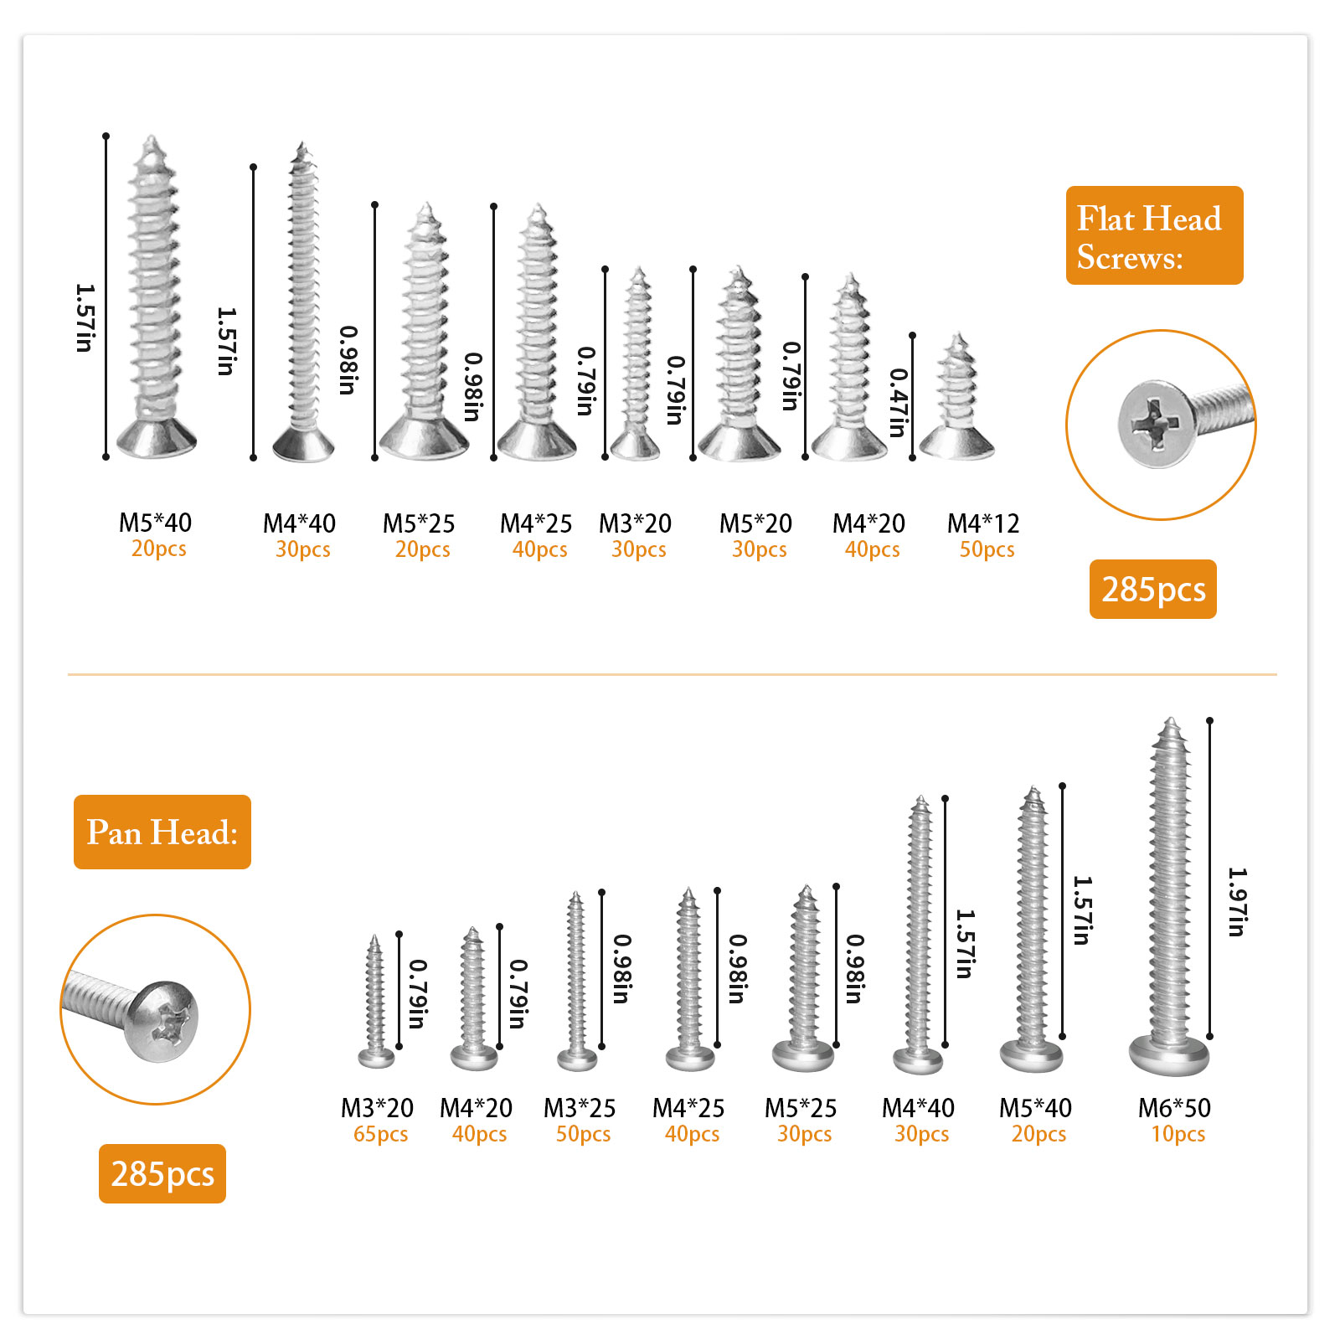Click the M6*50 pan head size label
(1174, 1108)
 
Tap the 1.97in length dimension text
(1238, 901)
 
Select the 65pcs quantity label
(380, 1134)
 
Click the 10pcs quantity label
(1178, 1134)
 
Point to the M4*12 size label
(983, 523)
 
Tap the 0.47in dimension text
(899, 403)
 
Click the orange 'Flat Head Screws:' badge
(1154, 235)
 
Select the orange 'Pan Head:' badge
(162, 832)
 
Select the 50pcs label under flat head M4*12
(987, 549)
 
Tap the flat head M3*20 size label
(635, 523)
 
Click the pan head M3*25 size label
(580, 1108)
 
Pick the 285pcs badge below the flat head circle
(1153, 590)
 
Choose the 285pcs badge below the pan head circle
(162, 1174)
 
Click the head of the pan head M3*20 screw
(376, 1059)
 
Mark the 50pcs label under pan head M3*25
(583, 1134)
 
